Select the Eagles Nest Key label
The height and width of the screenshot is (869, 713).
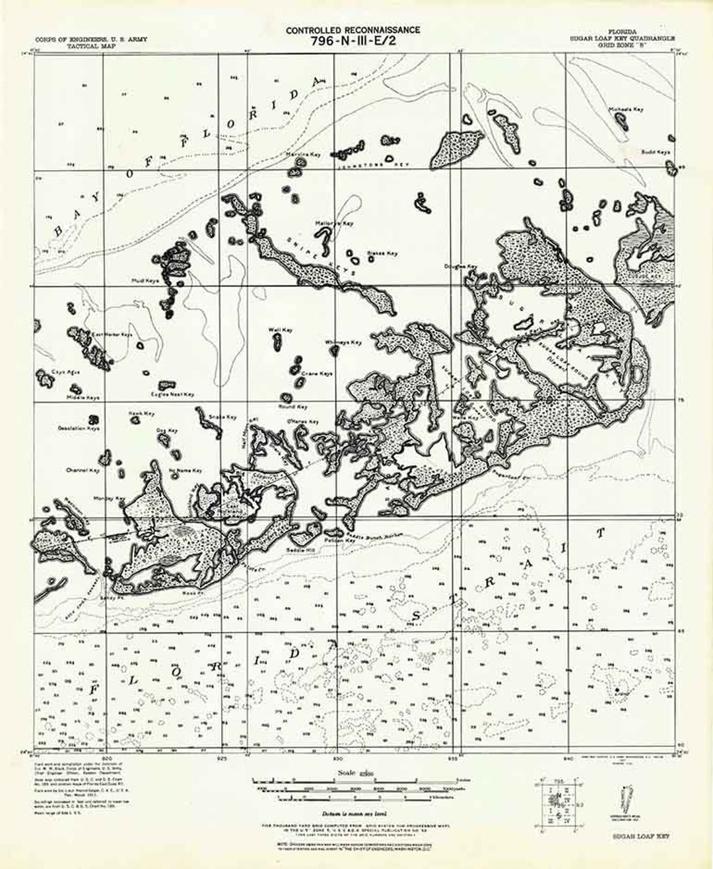pyautogui.click(x=172, y=395)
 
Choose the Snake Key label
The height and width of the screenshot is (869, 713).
pyautogui.click(x=222, y=417)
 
